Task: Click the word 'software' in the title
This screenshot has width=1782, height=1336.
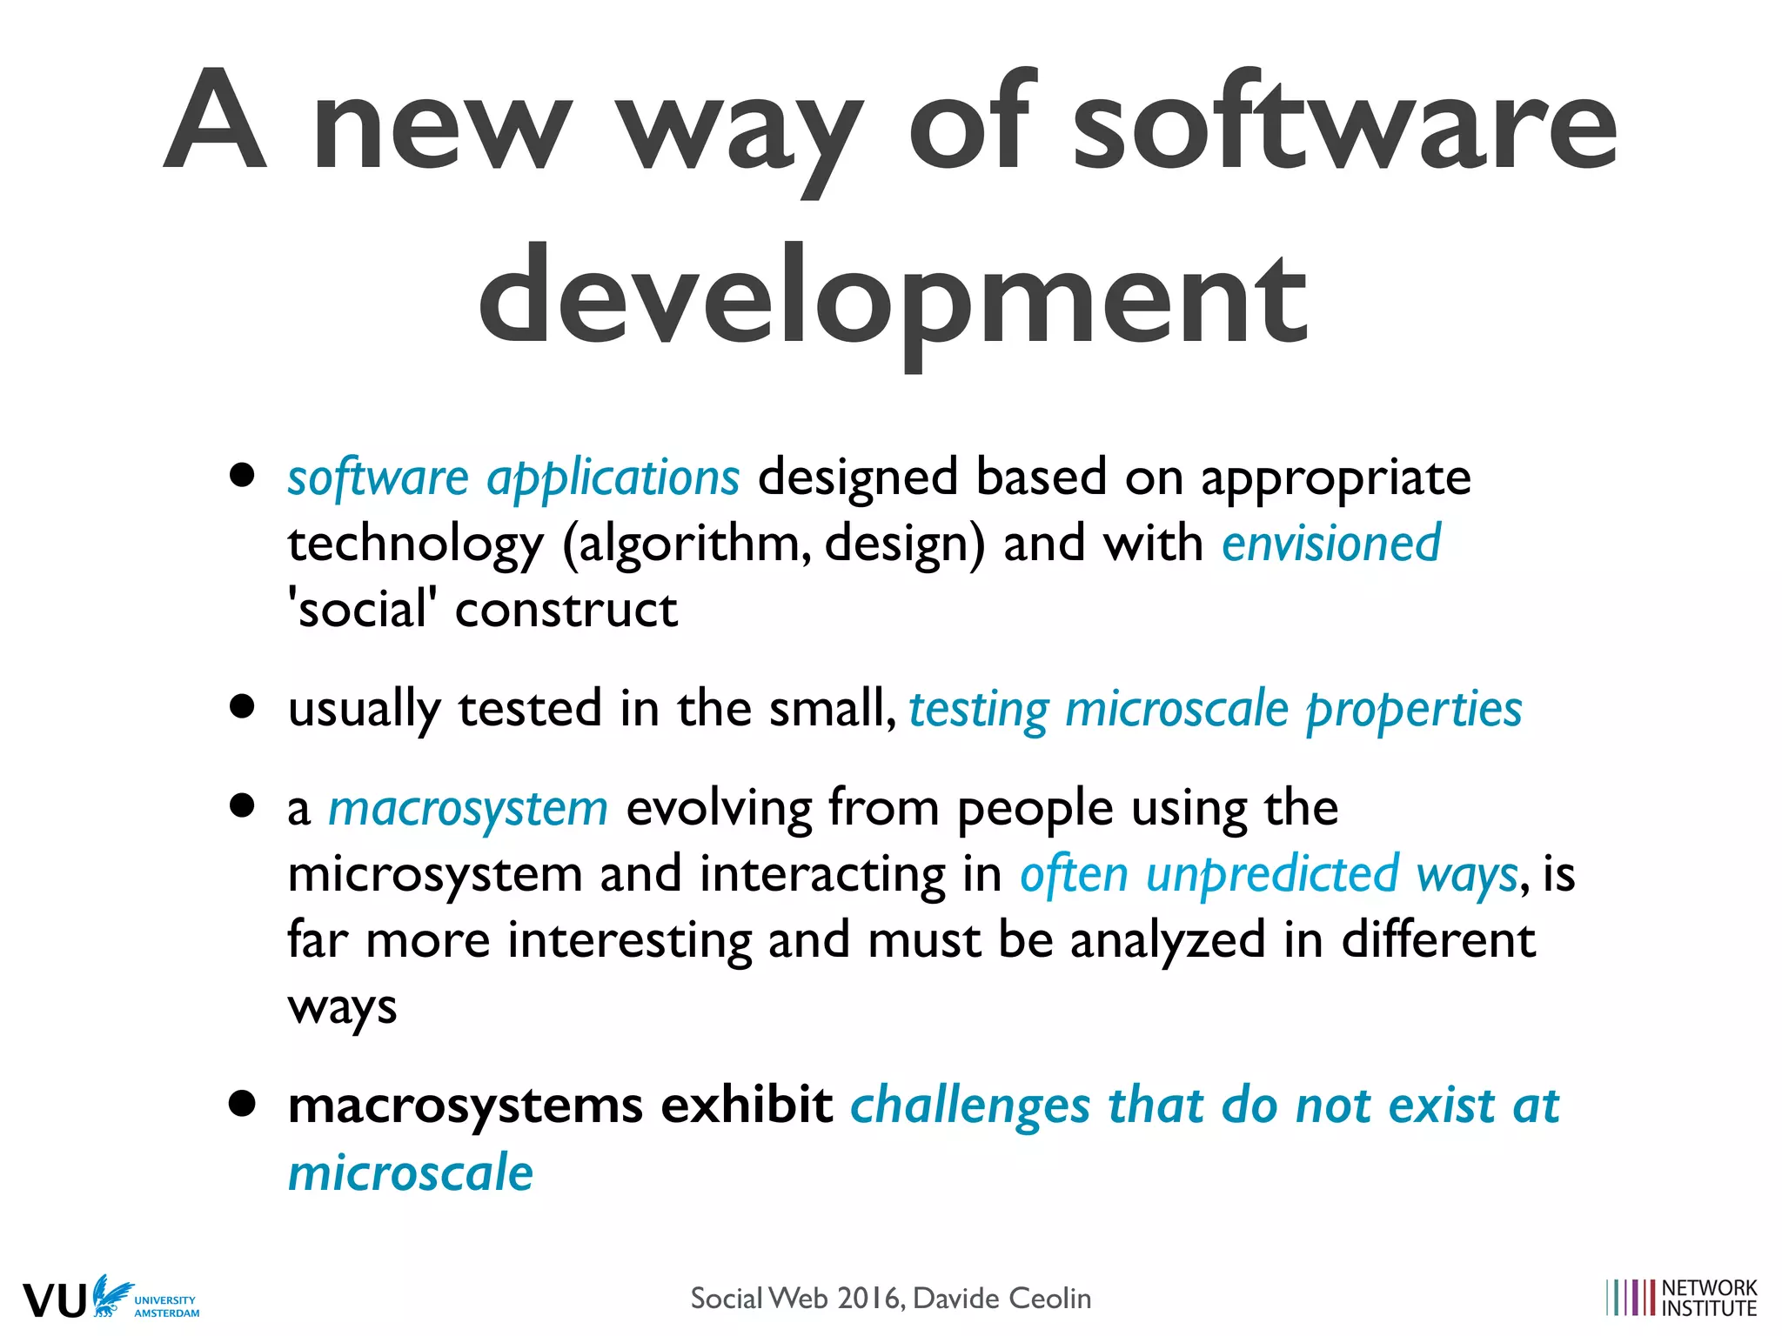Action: tap(1343, 122)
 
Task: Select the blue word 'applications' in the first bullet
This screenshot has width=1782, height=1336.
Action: tap(613, 478)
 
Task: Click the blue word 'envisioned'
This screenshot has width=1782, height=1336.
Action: tap(1331, 544)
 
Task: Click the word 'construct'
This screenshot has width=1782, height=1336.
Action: tap(566, 609)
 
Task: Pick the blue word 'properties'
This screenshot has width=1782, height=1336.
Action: tap(1414, 710)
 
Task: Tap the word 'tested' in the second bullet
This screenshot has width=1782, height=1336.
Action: tap(530, 708)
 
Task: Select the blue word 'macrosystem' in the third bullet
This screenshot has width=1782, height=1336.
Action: tap(468, 809)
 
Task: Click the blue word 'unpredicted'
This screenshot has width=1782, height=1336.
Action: tap(1272, 875)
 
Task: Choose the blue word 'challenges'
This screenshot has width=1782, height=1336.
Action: tap(969, 1106)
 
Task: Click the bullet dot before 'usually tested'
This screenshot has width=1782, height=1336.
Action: tap(243, 705)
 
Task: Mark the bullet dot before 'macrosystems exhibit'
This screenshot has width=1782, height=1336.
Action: tap(243, 1104)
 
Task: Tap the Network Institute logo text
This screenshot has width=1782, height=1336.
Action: tap(1709, 1298)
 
